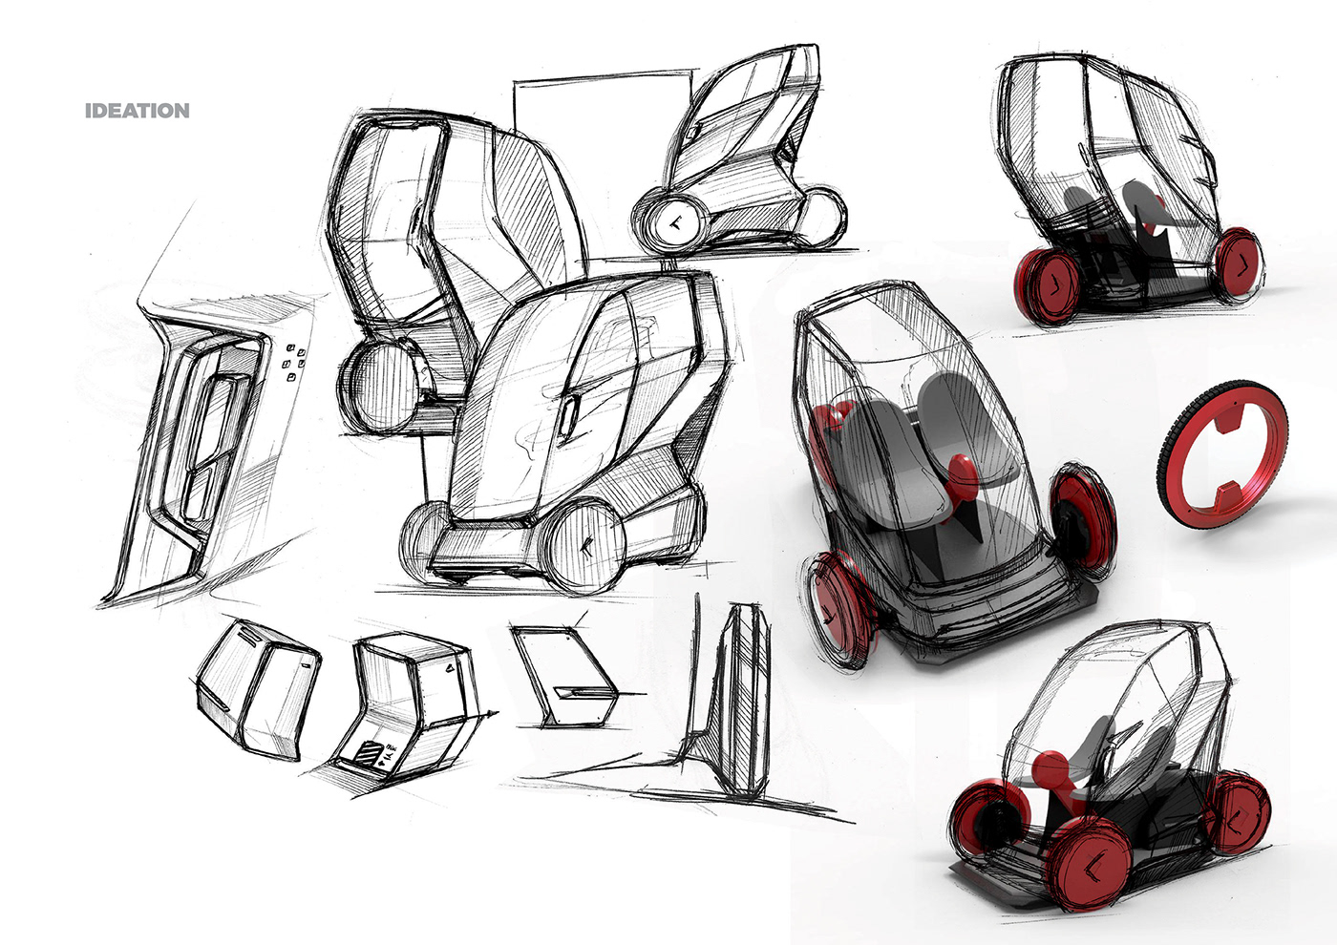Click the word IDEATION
(x=138, y=111)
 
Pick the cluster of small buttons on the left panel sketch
(x=295, y=362)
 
